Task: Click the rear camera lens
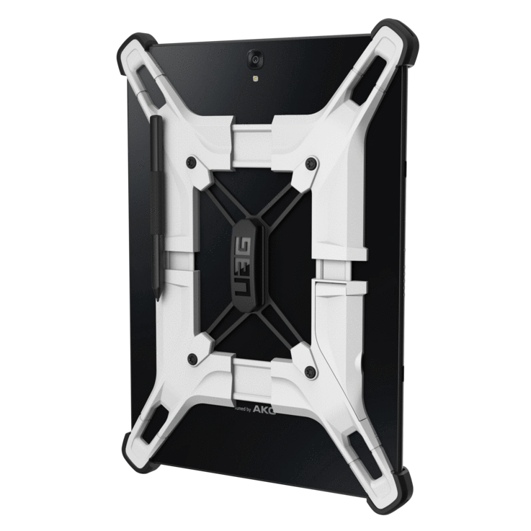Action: click(x=255, y=55)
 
